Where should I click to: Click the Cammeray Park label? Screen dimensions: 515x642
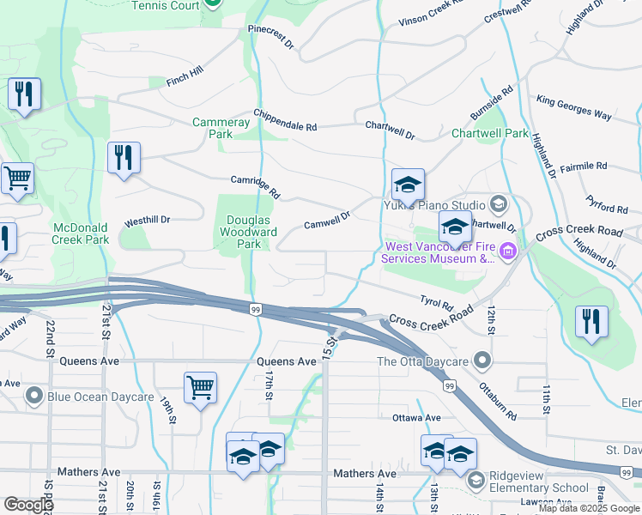point(221,128)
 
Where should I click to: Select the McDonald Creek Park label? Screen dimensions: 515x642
point(80,233)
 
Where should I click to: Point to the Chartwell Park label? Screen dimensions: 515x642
point(490,133)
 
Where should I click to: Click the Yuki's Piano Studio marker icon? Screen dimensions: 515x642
point(497,204)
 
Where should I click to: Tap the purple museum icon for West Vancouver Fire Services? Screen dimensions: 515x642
point(508,251)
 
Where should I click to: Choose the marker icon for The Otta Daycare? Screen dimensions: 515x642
point(484,360)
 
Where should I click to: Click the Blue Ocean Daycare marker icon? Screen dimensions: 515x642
point(33,397)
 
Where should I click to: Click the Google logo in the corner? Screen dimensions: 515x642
point(28,505)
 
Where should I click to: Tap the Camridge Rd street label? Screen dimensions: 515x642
point(255,186)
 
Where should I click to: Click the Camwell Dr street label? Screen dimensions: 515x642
point(327,221)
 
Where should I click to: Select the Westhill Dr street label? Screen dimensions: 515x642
point(147,221)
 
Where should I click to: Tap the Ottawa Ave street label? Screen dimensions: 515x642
point(415,418)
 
